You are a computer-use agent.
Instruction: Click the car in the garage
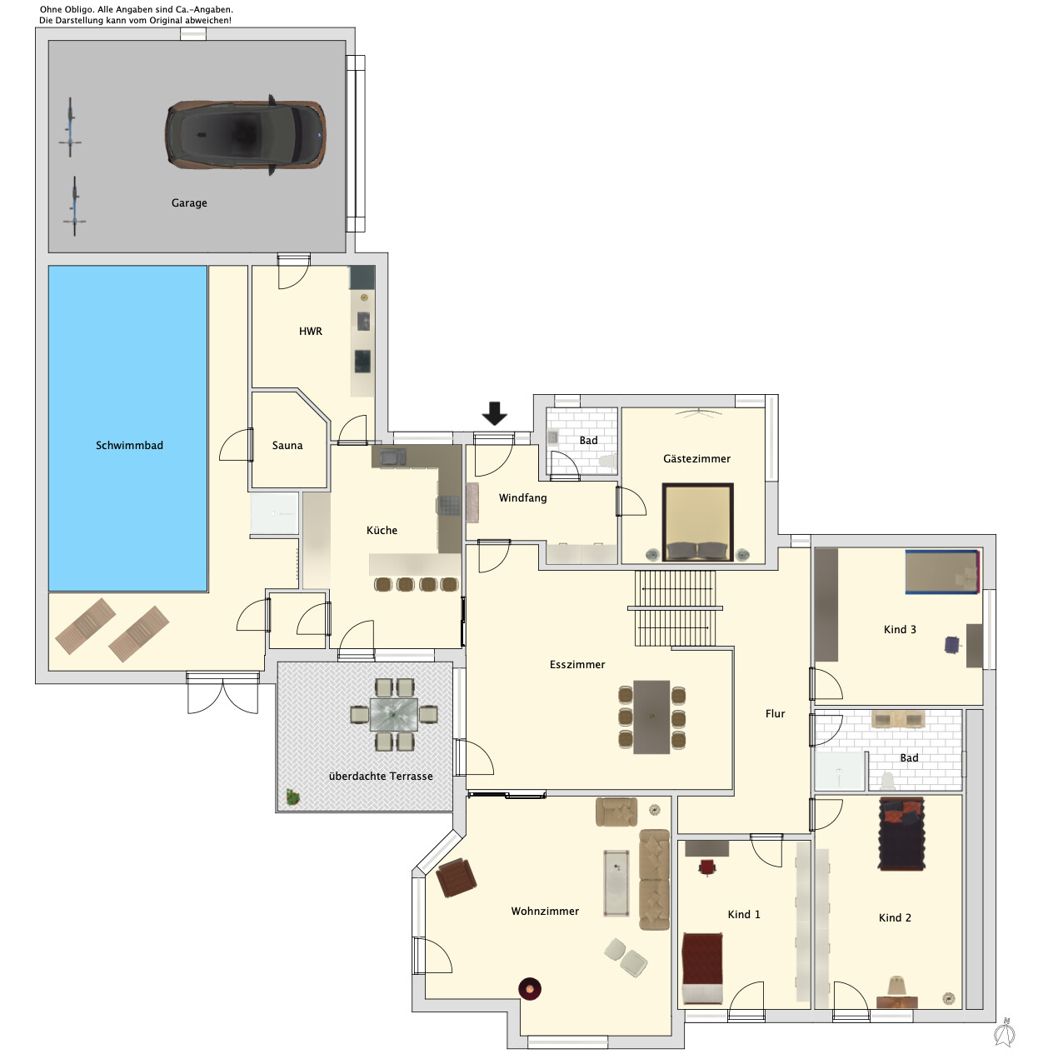[245, 135]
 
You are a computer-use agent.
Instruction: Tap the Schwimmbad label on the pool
[130, 446]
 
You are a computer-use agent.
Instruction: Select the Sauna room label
[287, 446]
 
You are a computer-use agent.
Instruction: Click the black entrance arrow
[495, 413]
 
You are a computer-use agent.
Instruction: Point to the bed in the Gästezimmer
[697, 522]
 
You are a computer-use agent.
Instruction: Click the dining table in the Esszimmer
[651, 717]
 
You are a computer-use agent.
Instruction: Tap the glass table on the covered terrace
[393, 714]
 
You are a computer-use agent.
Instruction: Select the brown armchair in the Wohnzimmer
[456, 877]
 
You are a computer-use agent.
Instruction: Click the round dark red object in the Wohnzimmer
[530, 989]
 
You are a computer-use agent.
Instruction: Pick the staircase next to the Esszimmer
[676, 608]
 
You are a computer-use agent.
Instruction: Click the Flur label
[776, 714]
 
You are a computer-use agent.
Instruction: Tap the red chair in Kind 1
[707, 867]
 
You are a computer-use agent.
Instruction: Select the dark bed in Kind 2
[901, 834]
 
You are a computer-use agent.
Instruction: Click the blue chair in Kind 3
[953, 645]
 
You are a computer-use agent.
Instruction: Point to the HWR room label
[311, 332]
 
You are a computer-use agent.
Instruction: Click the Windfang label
[523, 498]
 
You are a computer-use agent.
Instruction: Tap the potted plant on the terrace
[292, 797]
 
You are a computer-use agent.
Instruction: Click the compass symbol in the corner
[1005, 1032]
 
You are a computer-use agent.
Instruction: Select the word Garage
[190, 202]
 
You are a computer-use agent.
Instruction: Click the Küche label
[382, 530]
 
